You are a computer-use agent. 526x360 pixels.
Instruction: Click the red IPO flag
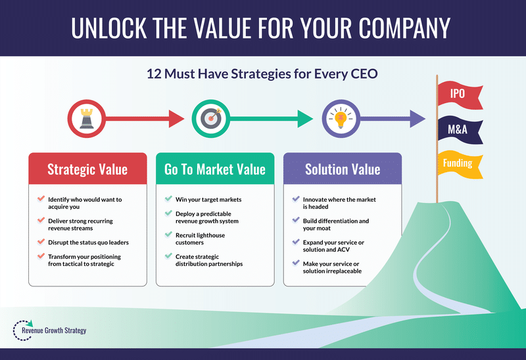click(x=460, y=95)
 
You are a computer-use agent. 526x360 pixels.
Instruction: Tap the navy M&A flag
click(x=460, y=129)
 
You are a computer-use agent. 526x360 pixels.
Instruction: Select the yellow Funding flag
click(x=460, y=164)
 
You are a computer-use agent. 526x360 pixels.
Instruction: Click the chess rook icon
click(x=87, y=118)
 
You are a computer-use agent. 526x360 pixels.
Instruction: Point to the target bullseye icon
click(x=211, y=118)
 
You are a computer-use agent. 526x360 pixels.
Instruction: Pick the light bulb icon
click(x=341, y=118)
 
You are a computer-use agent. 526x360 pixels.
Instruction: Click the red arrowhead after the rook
click(x=176, y=119)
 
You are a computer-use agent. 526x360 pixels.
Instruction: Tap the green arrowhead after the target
click(x=305, y=119)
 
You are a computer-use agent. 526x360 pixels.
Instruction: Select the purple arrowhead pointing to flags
click(x=418, y=119)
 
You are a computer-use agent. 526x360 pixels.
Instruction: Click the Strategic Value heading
click(x=87, y=169)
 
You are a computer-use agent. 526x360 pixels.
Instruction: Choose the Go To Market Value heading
click(x=215, y=169)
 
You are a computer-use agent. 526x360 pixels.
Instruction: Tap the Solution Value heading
click(x=343, y=169)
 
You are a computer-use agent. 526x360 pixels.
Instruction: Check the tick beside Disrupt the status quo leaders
click(x=41, y=242)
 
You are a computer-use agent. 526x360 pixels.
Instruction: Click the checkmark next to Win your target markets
click(x=168, y=199)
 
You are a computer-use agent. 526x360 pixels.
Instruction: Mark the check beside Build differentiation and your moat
click(x=296, y=220)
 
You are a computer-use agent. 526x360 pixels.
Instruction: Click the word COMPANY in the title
click(x=404, y=28)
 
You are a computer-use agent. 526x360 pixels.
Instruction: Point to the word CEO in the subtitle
click(x=364, y=74)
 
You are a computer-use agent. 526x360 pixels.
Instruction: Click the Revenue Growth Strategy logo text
click(x=54, y=330)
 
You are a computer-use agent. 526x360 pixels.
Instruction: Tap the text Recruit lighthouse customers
click(x=201, y=238)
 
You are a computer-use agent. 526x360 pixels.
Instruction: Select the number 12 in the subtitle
click(x=155, y=74)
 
